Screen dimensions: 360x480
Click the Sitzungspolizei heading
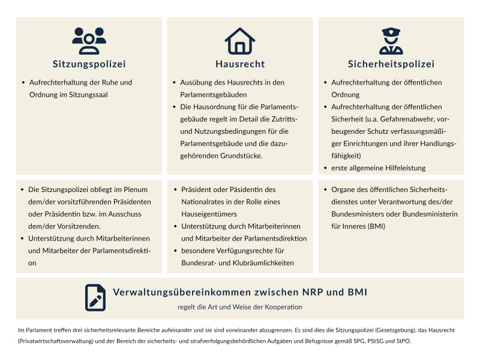(89, 64)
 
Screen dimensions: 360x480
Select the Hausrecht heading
(240, 64)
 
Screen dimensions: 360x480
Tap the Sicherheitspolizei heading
(391, 64)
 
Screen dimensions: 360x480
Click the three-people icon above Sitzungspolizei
(89, 41)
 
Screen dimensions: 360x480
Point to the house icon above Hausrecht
(240, 41)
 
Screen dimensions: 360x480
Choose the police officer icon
(391, 41)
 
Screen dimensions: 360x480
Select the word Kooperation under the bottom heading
(283, 307)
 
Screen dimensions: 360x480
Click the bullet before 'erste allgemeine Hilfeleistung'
(325, 168)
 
